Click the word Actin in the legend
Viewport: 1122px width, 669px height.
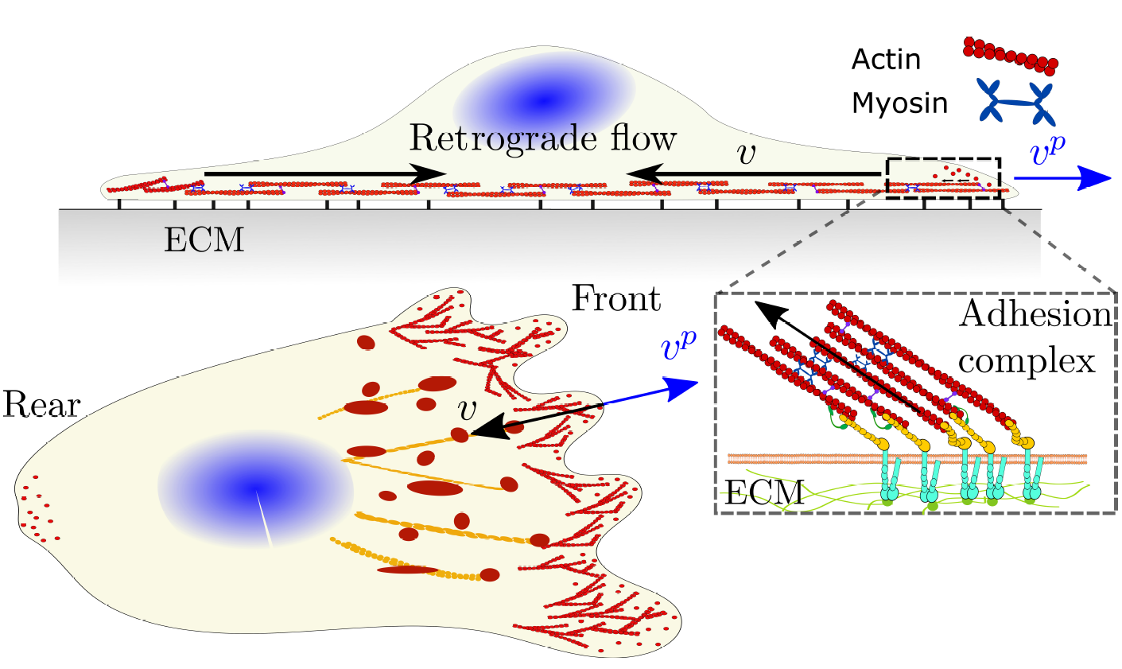coord(886,60)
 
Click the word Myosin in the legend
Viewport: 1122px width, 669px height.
coord(899,103)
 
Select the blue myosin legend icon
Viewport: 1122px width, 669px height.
coord(1015,102)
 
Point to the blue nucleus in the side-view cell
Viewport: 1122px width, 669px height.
coord(544,99)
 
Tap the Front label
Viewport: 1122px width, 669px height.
coord(616,299)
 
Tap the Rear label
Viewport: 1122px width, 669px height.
coord(41,406)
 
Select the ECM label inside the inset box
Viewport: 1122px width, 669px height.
coord(764,493)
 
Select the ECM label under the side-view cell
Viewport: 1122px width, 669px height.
coord(204,239)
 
